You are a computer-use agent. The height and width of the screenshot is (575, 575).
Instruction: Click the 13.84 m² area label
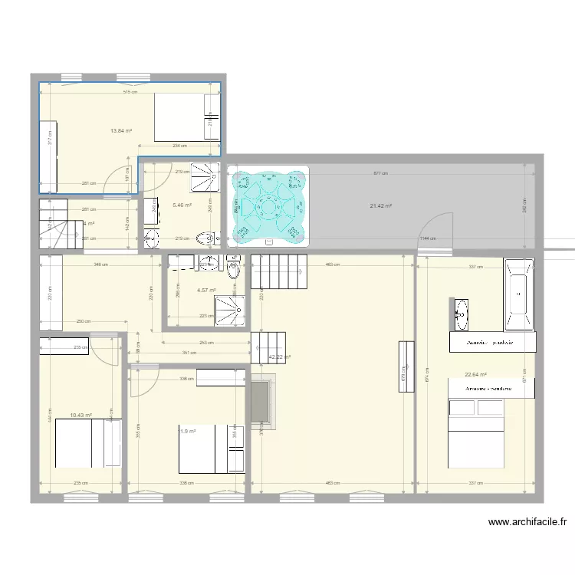(121, 130)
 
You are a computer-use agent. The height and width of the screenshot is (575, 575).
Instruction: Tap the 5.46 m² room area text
(182, 205)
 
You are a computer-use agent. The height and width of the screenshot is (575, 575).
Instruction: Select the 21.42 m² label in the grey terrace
(380, 205)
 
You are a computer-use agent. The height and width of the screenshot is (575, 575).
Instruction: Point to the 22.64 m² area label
(476, 374)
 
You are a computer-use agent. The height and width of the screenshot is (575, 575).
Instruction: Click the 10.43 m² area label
(80, 415)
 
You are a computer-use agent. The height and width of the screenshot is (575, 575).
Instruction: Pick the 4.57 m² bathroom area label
(206, 290)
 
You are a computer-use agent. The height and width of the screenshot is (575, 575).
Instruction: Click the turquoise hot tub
(268, 205)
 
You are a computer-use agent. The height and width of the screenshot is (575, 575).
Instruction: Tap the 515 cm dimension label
(130, 91)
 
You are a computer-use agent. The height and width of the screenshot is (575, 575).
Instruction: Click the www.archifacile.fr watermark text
(527, 523)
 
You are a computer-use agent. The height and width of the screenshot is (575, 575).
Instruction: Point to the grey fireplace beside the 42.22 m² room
(261, 401)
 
